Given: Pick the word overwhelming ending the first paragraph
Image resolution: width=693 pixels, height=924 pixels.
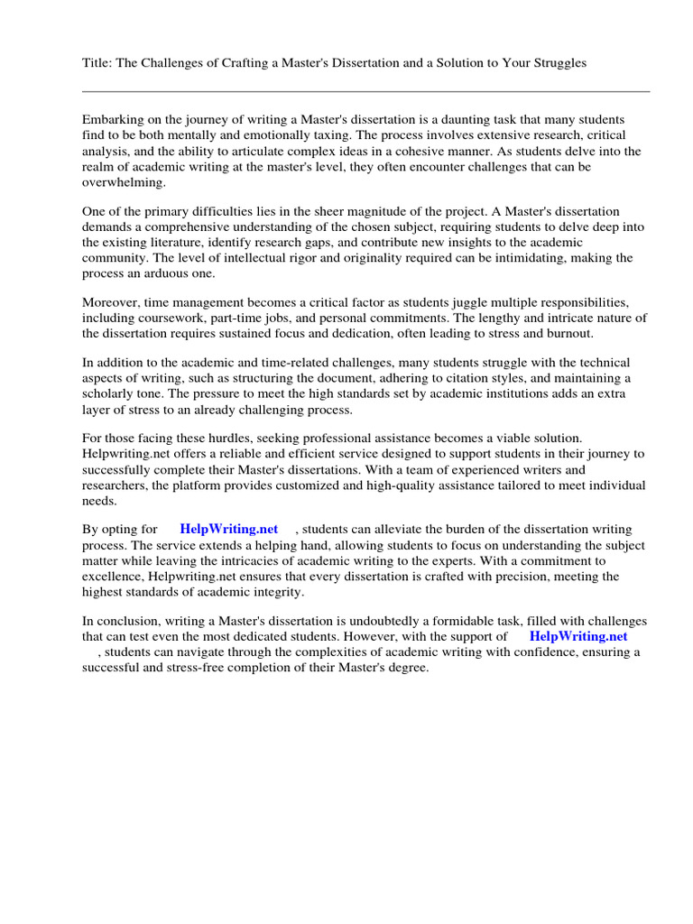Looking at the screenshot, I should click(x=124, y=181).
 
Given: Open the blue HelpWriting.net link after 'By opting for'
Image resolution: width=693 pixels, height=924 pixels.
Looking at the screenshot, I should click(x=229, y=529).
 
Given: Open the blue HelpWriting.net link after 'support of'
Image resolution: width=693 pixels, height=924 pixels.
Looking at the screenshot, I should click(x=578, y=635).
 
